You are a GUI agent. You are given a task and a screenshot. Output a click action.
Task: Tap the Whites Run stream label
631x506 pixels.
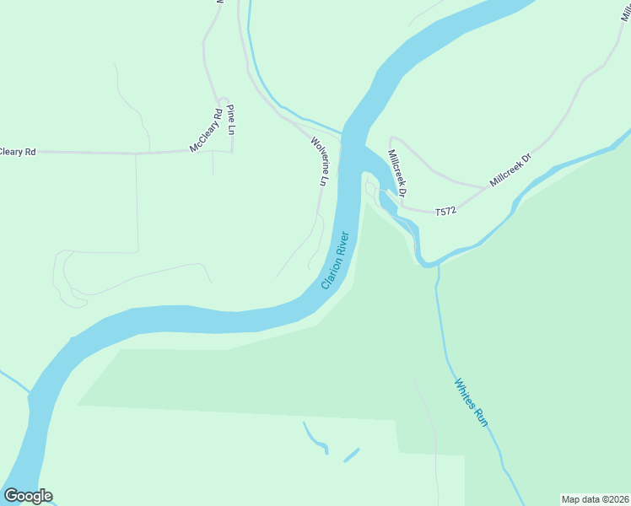coord(471,402)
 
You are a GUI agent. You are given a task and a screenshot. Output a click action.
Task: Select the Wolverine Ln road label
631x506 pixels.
coord(319,161)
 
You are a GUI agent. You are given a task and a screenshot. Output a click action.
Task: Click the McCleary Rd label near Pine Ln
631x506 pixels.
coord(206,131)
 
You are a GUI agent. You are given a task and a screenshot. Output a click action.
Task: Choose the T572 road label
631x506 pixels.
coord(445,212)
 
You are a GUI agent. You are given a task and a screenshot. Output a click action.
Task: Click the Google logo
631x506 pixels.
coord(28,496)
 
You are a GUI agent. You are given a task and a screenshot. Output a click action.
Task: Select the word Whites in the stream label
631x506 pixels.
coord(465,392)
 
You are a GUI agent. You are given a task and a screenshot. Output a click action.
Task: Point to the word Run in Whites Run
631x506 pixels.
coord(481,417)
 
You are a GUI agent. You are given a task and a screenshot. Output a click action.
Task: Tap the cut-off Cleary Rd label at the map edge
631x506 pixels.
coord(18,152)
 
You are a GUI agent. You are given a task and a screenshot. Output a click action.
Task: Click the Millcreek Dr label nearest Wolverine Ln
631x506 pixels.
coord(396,174)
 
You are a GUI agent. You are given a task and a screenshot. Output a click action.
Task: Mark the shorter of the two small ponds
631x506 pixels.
coord(351,455)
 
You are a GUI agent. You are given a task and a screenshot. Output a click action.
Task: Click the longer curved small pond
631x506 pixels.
coord(315,438)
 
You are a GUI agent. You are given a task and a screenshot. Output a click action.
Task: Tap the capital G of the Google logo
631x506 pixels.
coord(11,496)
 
